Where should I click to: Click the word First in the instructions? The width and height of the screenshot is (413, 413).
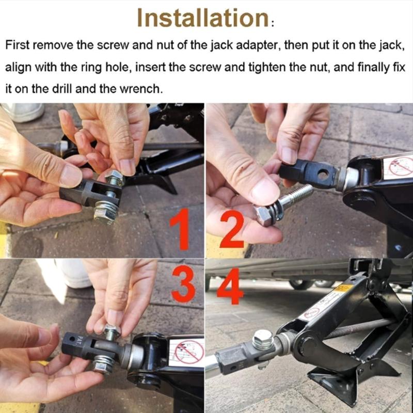click(18, 45)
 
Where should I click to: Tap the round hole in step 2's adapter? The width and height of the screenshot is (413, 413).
click(324, 176)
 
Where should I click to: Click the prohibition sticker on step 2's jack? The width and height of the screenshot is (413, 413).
click(401, 166)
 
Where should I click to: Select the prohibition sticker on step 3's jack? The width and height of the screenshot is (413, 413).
click(188, 352)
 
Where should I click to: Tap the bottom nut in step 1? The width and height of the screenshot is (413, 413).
click(105, 212)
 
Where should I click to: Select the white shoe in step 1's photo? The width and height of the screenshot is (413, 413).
click(23, 112)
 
